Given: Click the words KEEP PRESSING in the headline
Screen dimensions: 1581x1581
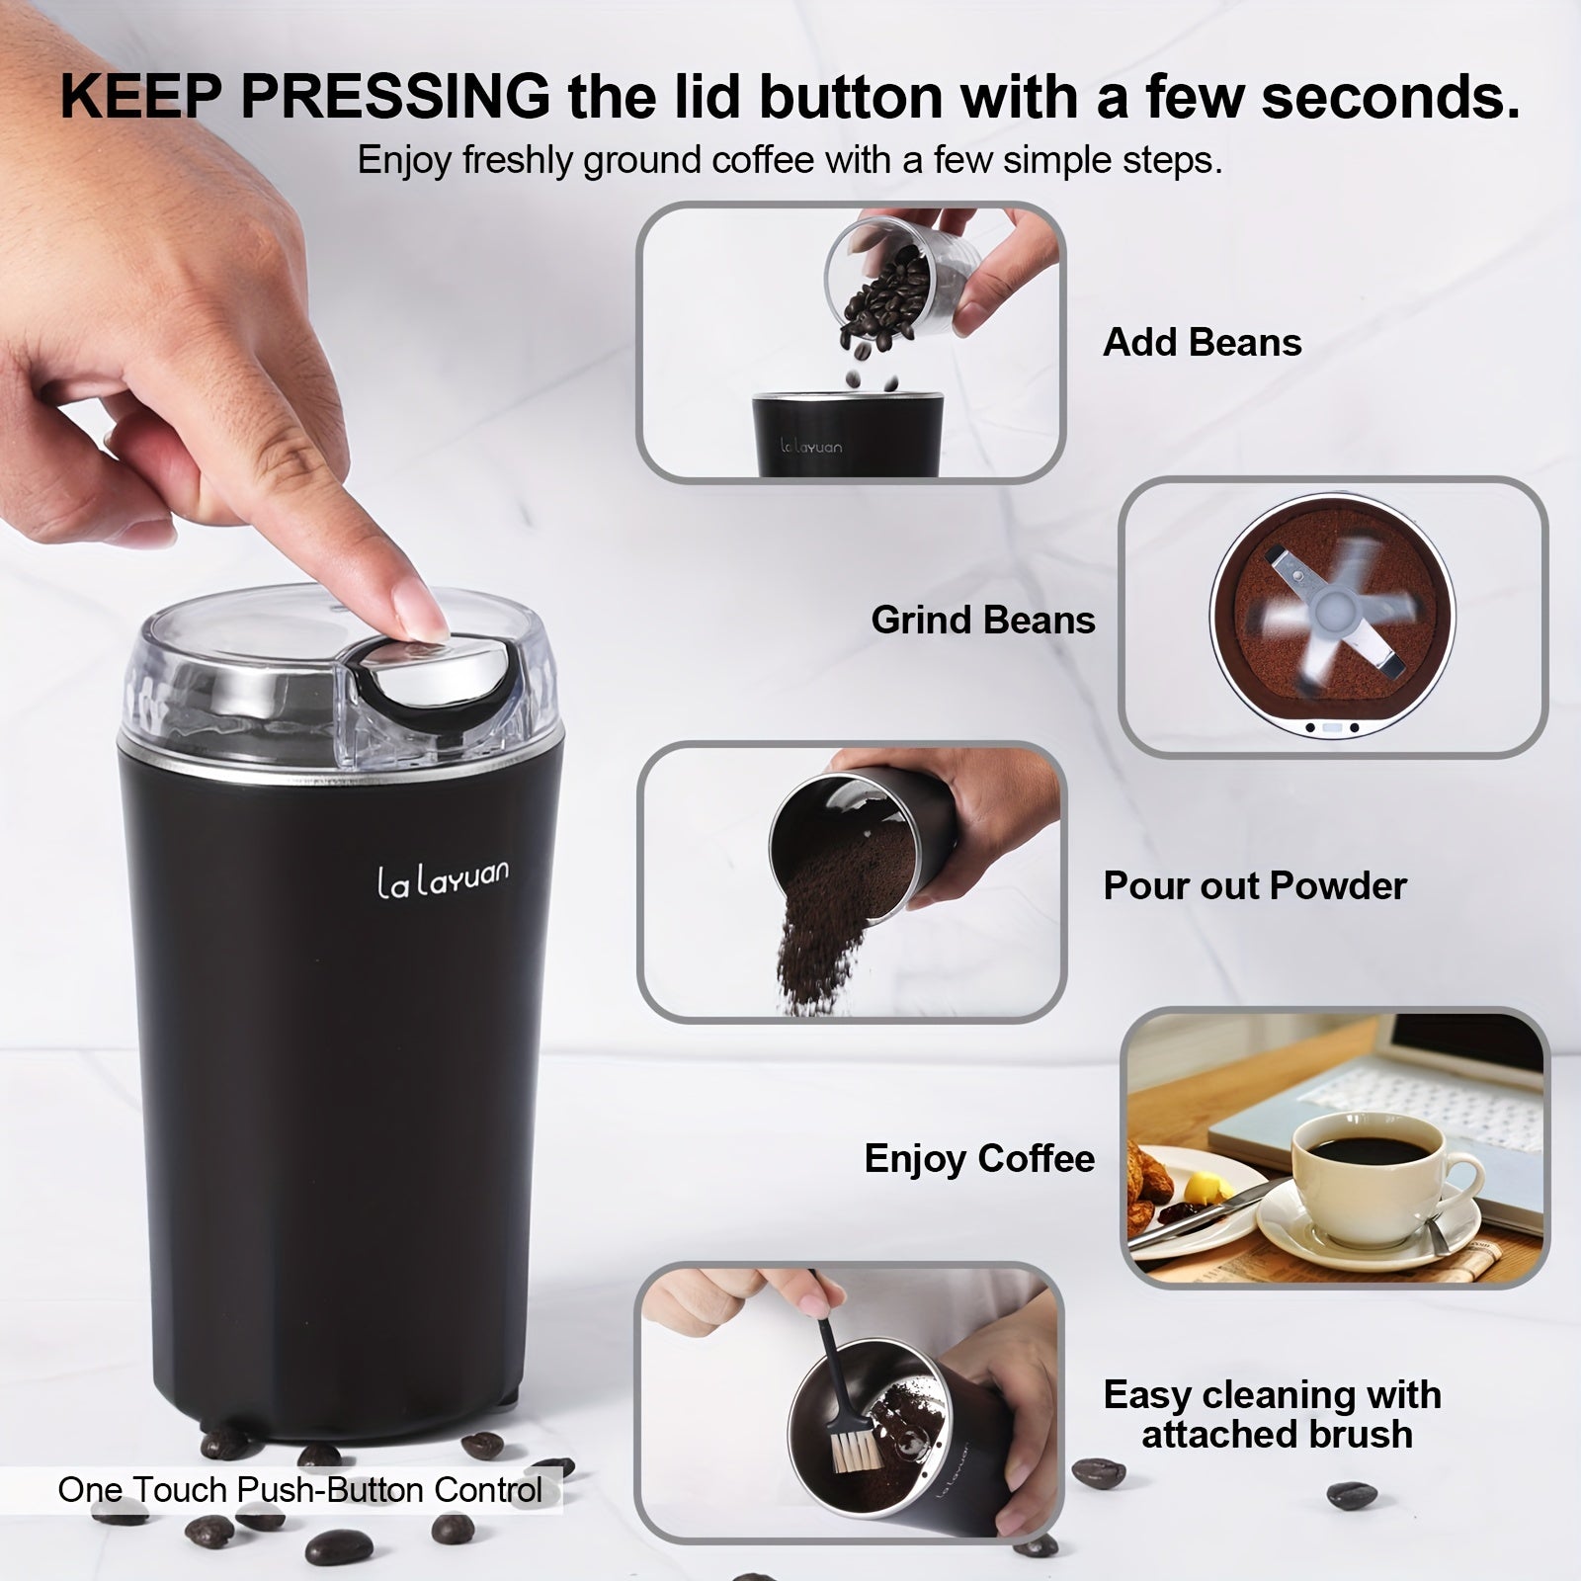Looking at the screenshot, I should coord(304,97).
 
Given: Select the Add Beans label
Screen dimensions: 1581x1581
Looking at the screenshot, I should coord(1202,343).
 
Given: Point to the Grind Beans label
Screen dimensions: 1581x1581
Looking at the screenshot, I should coord(983,621).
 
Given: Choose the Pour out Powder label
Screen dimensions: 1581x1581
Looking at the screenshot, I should coord(1254,886).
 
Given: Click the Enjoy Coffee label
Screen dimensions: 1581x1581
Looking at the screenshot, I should coord(979,1159).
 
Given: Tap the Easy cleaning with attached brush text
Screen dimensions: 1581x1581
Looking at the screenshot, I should coord(1273,1414).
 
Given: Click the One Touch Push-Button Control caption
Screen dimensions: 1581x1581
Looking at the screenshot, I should coord(300,1490).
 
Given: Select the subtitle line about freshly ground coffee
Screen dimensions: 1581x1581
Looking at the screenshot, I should coord(790,160).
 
